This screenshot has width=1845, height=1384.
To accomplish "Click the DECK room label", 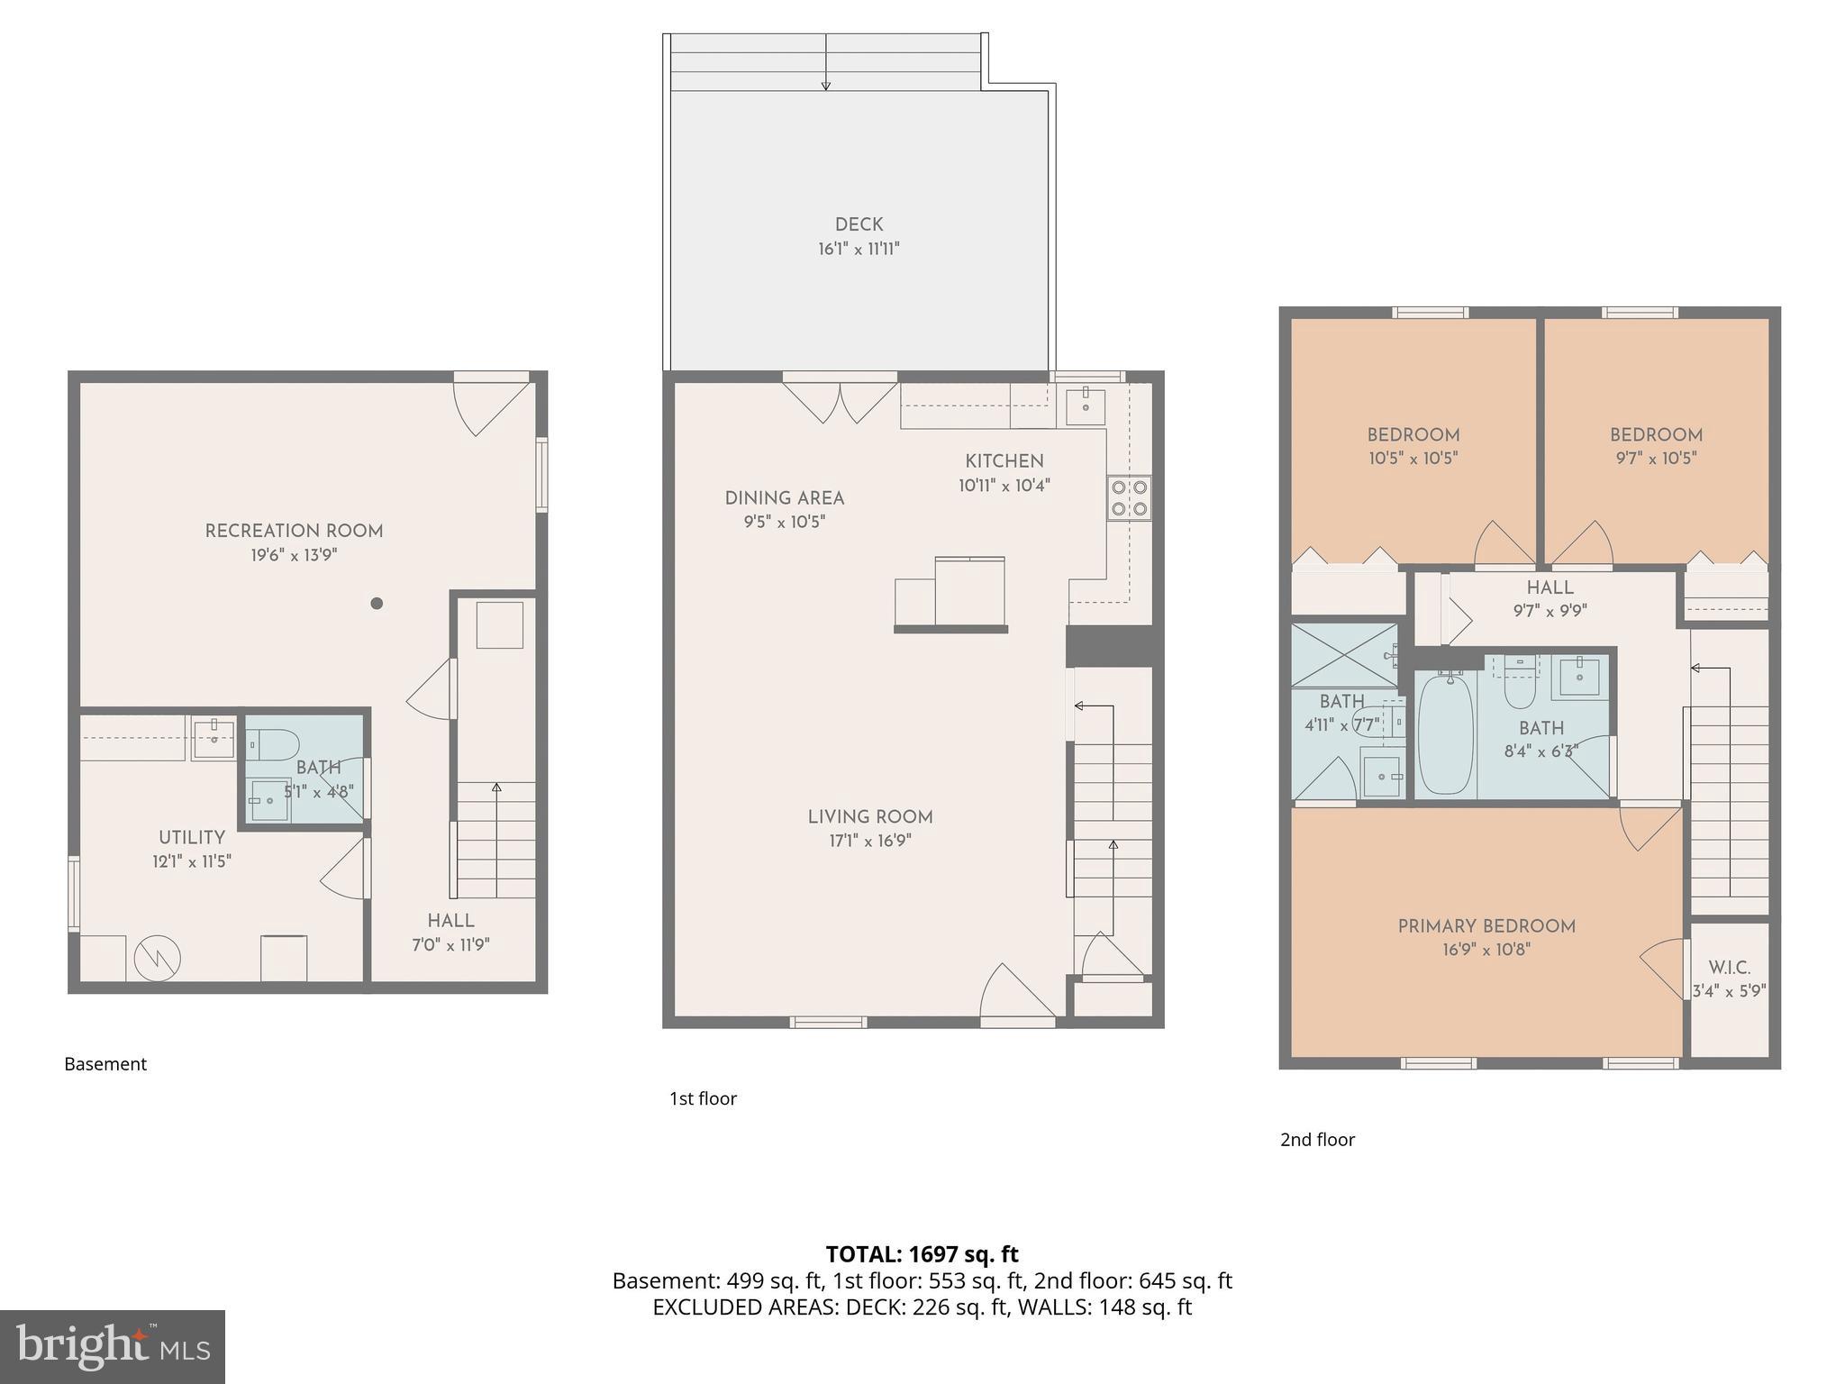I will pos(859,225).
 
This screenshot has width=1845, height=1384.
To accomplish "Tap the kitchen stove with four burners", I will pos(1129,497).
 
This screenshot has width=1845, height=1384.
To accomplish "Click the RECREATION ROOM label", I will pos(294,532).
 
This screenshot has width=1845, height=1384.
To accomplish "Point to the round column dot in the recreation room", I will pos(377,604).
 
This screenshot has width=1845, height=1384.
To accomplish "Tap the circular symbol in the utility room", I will pos(158,960).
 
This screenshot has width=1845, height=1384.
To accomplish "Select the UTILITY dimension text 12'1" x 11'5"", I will pos(192,862).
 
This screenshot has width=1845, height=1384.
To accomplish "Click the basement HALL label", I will pos(450,921).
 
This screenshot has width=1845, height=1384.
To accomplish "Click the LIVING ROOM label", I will pos(869,817).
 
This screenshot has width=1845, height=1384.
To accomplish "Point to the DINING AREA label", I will pos(784,498).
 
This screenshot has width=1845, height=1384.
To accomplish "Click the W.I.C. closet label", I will pos(1729,968).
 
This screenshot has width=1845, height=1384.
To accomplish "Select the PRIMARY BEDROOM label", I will pos(1486,926).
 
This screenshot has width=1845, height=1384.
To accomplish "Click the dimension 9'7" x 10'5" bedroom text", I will pos(1656,459).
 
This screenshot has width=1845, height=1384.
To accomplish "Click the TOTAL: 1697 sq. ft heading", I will pos(922,1254).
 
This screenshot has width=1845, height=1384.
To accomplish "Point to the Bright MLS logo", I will pos(113,1346).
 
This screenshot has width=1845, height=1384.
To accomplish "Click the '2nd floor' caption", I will pos(1317,1140).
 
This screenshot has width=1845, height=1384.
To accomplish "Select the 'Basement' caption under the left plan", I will pos(105,1064).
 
